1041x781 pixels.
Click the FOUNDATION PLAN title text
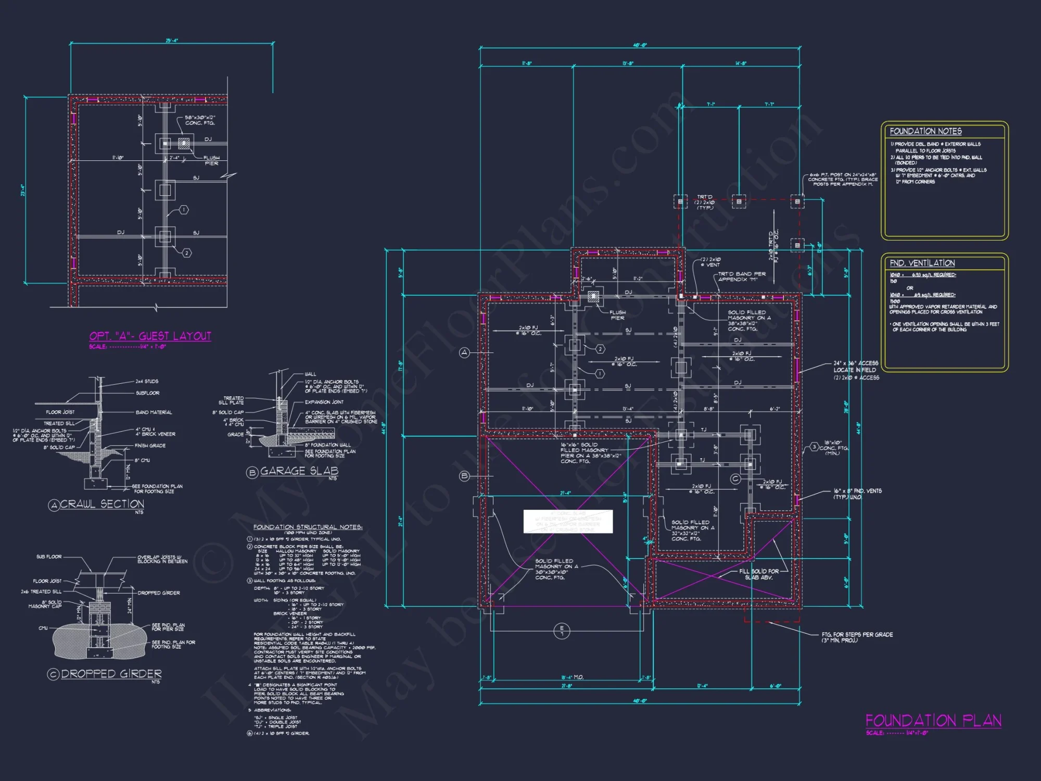tap(933, 721)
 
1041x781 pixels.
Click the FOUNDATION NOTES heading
tap(925, 131)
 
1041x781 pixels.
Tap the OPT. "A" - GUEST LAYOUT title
tap(150, 336)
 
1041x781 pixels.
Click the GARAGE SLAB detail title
tap(299, 471)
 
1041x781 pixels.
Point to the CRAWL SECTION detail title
tap(102, 504)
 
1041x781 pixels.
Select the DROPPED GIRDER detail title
tap(111, 674)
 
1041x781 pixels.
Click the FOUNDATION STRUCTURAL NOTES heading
tap(308, 527)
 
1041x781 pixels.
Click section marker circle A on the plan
tap(464, 353)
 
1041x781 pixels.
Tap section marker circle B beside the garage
tap(464, 476)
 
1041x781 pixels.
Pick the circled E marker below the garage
tap(562, 631)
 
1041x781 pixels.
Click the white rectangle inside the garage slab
tap(568, 521)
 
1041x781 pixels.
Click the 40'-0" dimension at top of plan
tap(640, 45)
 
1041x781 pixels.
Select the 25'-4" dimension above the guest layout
tap(172, 40)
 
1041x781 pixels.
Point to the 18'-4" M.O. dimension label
tap(572, 677)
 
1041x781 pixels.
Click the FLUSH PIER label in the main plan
tap(617, 315)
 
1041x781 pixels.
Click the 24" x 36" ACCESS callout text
tap(855, 363)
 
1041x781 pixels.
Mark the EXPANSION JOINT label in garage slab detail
tap(324, 402)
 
